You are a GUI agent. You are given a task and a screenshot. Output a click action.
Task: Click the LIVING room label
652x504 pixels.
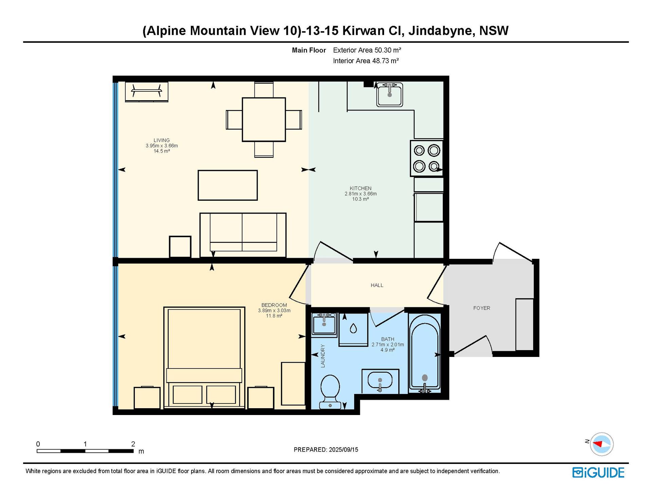click(x=162, y=140)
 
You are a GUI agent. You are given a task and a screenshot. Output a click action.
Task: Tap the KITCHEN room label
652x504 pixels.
click(x=361, y=188)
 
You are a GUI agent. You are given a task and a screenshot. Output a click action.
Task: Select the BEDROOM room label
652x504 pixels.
click(x=274, y=305)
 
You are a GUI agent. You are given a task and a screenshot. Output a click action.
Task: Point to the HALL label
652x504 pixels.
click(x=377, y=285)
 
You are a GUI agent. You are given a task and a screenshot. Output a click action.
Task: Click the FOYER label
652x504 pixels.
click(x=482, y=308)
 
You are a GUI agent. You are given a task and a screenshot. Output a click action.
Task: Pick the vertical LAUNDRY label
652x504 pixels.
click(x=323, y=356)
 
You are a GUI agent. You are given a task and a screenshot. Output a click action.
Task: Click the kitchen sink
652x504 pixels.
click(x=390, y=94)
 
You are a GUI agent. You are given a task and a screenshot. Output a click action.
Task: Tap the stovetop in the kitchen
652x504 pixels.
click(x=427, y=158)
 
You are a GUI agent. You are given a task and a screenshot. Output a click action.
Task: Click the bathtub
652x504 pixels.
click(x=424, y=353)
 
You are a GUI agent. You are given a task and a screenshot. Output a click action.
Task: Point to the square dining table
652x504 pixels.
click(x=264, y=120)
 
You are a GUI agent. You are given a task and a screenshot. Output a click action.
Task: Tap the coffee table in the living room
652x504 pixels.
click(x=228, y=185)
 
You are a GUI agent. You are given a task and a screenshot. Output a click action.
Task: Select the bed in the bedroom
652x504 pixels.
click(x=204, y=357)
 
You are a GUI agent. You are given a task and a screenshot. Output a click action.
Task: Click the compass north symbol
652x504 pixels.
click(x=601, y=444)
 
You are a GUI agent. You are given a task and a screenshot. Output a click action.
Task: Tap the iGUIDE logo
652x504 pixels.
click(x=598, y=473)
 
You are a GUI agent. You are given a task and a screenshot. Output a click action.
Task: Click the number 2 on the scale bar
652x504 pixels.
click(x=133, y=444)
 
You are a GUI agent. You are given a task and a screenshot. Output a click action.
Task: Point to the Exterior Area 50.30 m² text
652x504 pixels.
click(x=367, y=50)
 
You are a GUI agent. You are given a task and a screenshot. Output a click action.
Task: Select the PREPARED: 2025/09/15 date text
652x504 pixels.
click(x=326, y=450)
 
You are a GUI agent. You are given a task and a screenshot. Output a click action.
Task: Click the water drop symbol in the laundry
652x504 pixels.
click(x=353, y=328)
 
